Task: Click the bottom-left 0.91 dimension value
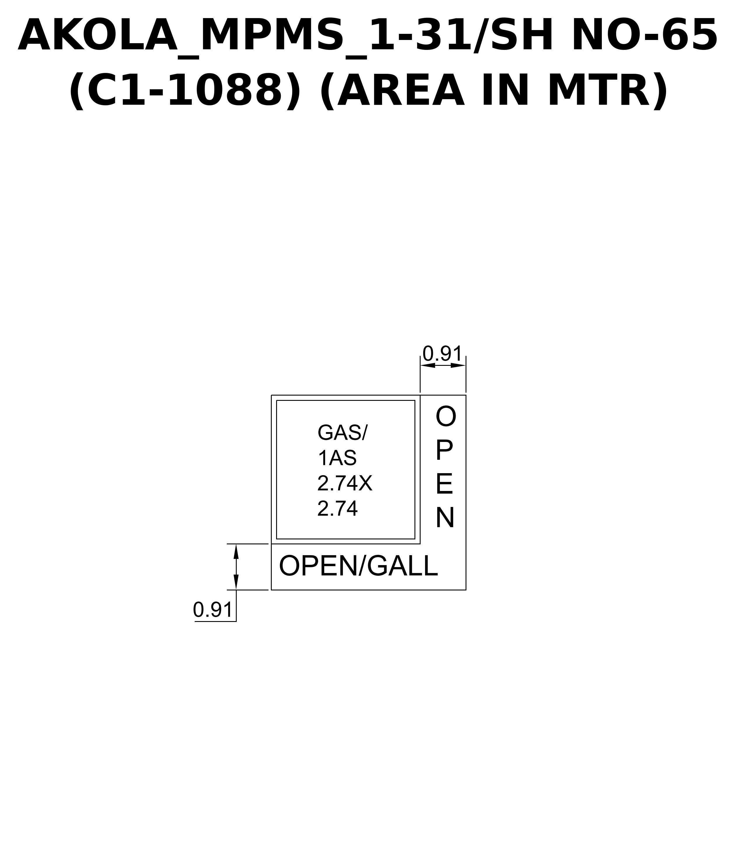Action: [x=212, y=610]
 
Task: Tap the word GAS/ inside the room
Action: [x=343, y=433]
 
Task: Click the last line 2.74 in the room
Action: [x=337, y=508]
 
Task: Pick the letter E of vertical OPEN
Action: [x=444, y=484]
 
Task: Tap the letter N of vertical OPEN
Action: [x=445, y=518]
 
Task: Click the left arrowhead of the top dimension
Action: [x=428, y=365]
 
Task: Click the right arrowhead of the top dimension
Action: [x=458, y=365]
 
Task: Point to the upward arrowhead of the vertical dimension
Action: [x=236, y=552]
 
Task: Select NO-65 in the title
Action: [x=645, y=36]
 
